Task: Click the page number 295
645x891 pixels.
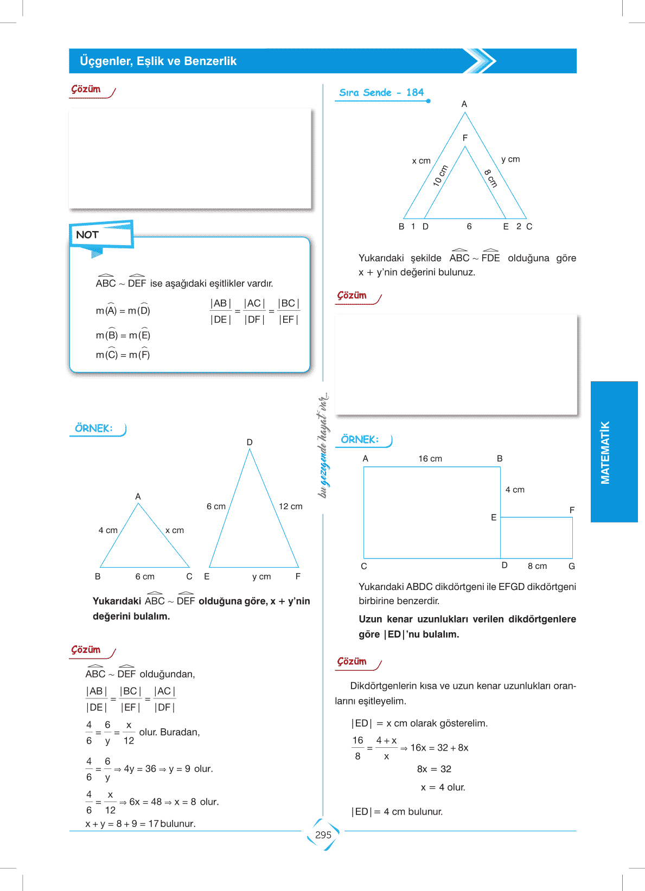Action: pyautogui.click(x=323, y=835)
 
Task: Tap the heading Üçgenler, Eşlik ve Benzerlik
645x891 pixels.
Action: pyautogui.click(x=158, y=61)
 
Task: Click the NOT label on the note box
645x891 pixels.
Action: pyautogui.click(x=87, y=235)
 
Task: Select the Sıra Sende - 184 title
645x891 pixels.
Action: pyautogui.click(x=381, y=93)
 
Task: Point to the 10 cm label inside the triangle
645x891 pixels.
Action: pyautogui.click(x=440, y=176)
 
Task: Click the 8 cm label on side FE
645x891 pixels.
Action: pyautogui.click(x=490, y=178)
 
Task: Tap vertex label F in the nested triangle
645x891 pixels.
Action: pyautogui.click(x=465, y=138)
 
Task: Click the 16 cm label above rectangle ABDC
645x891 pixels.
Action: pyautogui.click(x=430, y=459)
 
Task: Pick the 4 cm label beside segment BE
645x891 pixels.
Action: pyautogui.click(x=515, y=490)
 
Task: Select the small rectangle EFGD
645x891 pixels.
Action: pyautogui.click(x=536, y=537)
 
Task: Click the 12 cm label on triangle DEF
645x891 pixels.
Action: pyautogui.click(x=290, y=507)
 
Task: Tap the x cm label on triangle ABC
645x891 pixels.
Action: pyautogui.click(x=174, y=530)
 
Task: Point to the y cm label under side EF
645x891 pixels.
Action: pyautogui.click(x=261, y=576)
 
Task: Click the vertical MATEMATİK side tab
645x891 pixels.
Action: pyautogui.click(x=605, y=452)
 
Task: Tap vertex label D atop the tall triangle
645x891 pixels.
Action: pyautogui.click(x=250, y=443)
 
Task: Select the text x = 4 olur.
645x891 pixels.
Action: pyautogui.click(x=443, y=787)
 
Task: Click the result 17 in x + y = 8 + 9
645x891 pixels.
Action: pyautogui.click(x=153, y=824)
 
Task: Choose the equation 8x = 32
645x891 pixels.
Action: pyautogui.click(x=434, y=769)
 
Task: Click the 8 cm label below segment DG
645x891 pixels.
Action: pyautogui.click(x=537, y=566)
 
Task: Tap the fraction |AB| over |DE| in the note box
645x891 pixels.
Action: pyautogui.click(x=221, y=311)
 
